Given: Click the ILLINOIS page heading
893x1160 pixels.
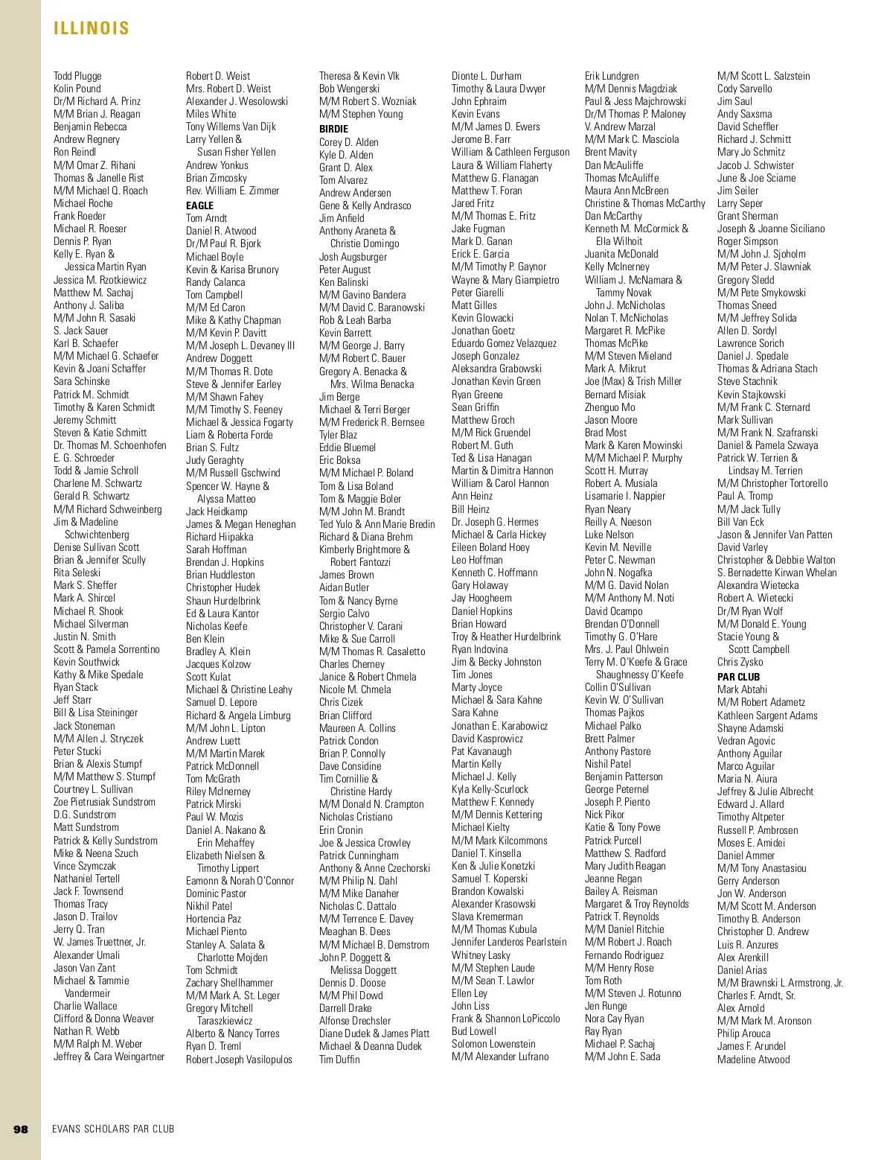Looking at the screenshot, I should pyautogui.click(x=92, y=28).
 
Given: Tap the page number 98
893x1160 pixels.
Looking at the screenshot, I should pyautogui.click(x=21, y=1129).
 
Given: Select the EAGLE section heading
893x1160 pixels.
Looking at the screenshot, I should pyautogui.click(x=199, y=205).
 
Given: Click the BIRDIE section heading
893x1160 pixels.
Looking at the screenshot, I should pyautogui.click(x=333, y=129).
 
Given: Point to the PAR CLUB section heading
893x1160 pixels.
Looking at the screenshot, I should pyautogui.click(x=738, y=677).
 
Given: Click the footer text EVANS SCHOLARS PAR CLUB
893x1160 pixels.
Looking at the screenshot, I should pyautogui.click(x=113, y=1129).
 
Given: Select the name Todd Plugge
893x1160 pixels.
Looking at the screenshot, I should pyautogui.click(x=77, y=76).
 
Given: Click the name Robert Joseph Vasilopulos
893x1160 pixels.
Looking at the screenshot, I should pyautogui.click(x=239, y=1059).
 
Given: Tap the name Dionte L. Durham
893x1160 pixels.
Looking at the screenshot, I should pyautogui.click(x=487, y=76).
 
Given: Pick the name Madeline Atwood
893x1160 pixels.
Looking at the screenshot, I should pyautogui.click(x=754, y=1059).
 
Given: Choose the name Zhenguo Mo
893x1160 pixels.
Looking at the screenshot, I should pyautogui.click(x=610, y=407).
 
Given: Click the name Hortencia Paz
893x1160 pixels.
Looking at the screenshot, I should pyautogui.click(x=214, y=919).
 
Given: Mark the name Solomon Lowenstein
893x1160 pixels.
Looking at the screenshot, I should pyautogui.click(x=493, y=1044).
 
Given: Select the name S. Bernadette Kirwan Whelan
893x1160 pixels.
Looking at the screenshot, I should pyautogui.click(x=777, y=573).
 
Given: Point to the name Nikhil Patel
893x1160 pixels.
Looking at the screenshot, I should pyautogui.click(x=209, y=906).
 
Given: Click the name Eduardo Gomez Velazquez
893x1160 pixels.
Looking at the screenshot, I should pyautogui.click(x=504, y=343).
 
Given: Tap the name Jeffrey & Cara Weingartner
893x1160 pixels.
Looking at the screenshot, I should pyautogui.click(x=109, y=1057).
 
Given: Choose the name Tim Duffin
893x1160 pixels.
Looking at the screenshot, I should pyautogui.click(x=339, y=1059).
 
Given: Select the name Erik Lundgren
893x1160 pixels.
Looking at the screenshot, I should pyautogui.click(x=612, y=76).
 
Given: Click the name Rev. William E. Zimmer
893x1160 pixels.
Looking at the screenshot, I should pyautogui.click(x=232, y=191).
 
